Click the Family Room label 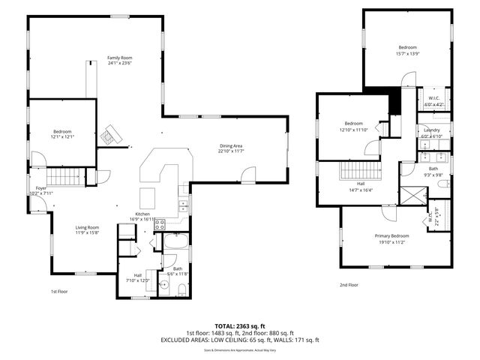[x=119, y=57]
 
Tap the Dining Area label [x=231, y=145]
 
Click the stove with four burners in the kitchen [x=159, y=223]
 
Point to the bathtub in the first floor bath [x=176, y=243]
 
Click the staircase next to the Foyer [x=68, y=178]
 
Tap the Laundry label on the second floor [x=431, y=130]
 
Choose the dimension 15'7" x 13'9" [x=407, y=54]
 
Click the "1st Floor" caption [x=59, y=291]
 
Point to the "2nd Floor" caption [x=349, y=285]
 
